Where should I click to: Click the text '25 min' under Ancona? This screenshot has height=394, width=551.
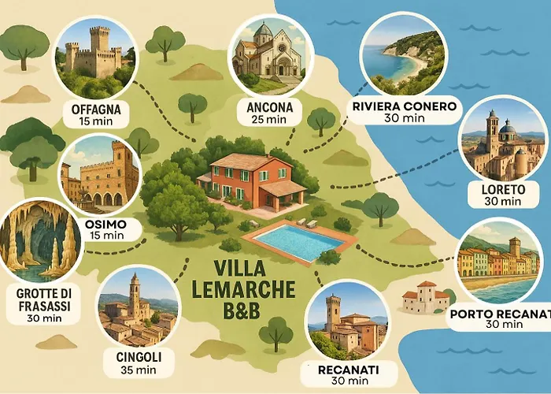pyautogui.click(x=269, y=120)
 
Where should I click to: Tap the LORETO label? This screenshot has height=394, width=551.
pyautogui.click(x=501, y=189)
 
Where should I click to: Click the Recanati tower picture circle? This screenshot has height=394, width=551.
pyautogui.click(x=346, y=322)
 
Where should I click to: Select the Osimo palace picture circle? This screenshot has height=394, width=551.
pyautogui.click(x=100, y=174)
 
